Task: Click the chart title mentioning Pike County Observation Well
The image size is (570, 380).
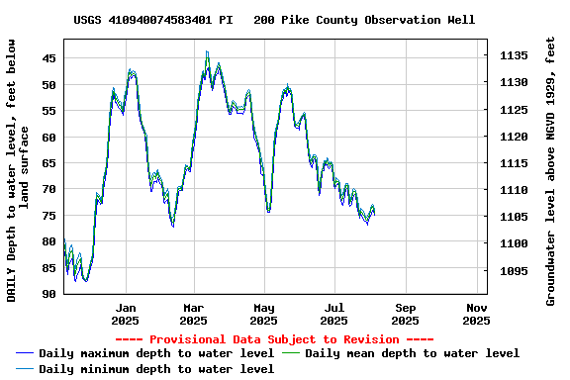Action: (274, 20)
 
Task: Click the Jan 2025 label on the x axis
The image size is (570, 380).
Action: (125, 314)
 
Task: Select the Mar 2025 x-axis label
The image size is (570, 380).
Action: (194, 314)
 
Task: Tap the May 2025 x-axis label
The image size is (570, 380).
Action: (263, 314)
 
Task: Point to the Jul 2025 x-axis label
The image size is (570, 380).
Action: (334, 314)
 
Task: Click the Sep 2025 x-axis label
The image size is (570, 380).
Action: (405, 314)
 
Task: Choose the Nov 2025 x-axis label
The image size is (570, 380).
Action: (476, 314)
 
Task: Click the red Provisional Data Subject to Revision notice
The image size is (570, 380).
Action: (274, 338)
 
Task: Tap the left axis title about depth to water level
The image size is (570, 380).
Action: (17, 168)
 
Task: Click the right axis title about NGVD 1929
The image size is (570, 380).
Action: (550, 168)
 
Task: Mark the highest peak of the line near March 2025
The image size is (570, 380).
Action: (207, 52)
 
